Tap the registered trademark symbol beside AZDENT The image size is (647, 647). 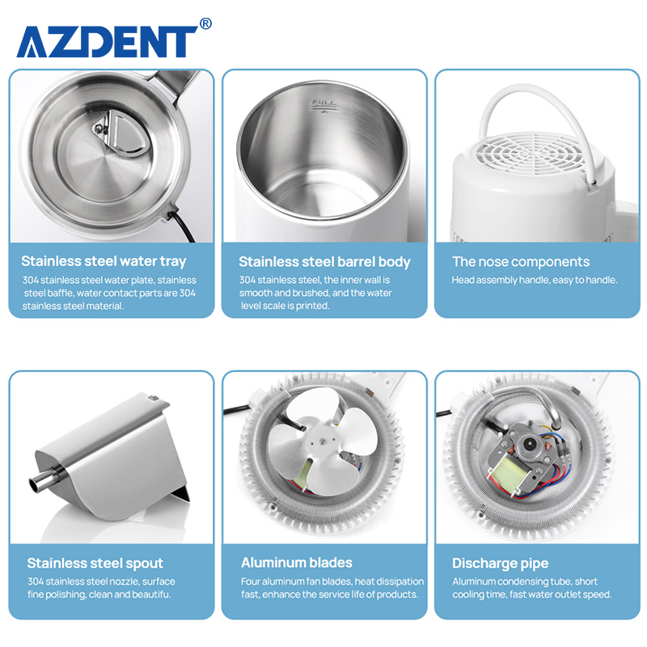click(205, 23)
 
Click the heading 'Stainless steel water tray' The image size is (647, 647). click(104, 261)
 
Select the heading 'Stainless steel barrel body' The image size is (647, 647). click(324, 262)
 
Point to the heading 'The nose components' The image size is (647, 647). click(521, 261)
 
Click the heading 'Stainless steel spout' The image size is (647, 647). click(95, 563)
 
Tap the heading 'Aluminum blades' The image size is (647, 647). click(297, 562)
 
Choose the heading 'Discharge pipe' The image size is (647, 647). click(500, 563)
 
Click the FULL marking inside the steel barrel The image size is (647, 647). click(324, 104)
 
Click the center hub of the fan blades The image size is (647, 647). click(320, 442)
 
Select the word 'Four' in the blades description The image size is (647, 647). click(251, 581)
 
